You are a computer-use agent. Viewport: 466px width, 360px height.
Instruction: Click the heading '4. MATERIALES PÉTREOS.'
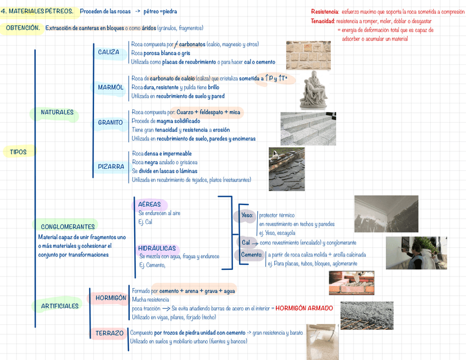(x=37, y=11)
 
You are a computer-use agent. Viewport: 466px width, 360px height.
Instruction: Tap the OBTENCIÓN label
(x=23, y=28)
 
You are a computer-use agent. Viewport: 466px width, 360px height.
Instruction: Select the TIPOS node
(x=18, y=152)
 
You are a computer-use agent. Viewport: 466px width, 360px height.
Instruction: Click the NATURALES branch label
(x=57, y=112)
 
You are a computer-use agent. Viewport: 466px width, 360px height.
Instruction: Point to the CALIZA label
(x=109, y=52)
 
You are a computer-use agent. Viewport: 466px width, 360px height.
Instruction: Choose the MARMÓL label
(x=110, y=87)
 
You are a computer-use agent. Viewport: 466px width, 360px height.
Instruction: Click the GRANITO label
(x=110, y=122)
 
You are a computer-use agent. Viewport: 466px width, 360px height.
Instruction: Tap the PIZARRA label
(x=111, y=166)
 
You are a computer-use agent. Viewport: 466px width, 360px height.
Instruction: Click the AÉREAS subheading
(x=149, y=204)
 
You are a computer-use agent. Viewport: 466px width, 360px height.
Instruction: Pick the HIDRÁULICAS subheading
(x=157, y=248)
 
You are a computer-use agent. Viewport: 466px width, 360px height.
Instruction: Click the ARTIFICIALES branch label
(x=59, y=306)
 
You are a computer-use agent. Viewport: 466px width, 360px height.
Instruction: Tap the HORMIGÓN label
(x=110, y=298)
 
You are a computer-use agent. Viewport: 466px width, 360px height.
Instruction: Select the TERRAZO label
(x=109, y=333)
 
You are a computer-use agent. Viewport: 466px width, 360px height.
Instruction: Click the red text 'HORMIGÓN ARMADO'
(x=304, y=308)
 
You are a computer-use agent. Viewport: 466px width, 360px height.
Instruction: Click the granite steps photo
(x=308, y=129)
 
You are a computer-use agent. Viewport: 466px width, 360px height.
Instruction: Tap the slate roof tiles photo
(x=286, y=169)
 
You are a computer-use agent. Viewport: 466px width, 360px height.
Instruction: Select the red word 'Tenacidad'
(x=322, y=21)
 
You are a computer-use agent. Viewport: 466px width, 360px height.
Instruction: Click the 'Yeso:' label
(x=247, y=215)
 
